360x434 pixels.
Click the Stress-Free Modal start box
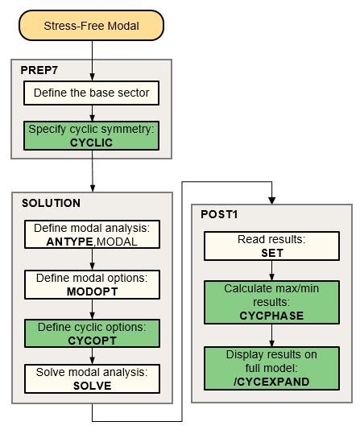point(92,25)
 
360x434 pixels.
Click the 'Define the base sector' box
point(91,93)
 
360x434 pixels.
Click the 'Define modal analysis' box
point(91,234)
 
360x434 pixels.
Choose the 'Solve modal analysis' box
point(91,378)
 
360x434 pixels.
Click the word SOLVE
point(91,385)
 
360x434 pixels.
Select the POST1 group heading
point(219,215)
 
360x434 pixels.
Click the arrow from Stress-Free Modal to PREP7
point(92,50)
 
